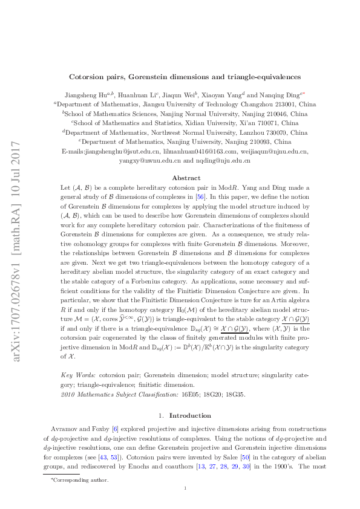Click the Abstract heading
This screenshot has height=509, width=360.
coord(186,178)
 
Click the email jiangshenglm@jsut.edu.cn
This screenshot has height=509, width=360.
coord(123,151)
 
